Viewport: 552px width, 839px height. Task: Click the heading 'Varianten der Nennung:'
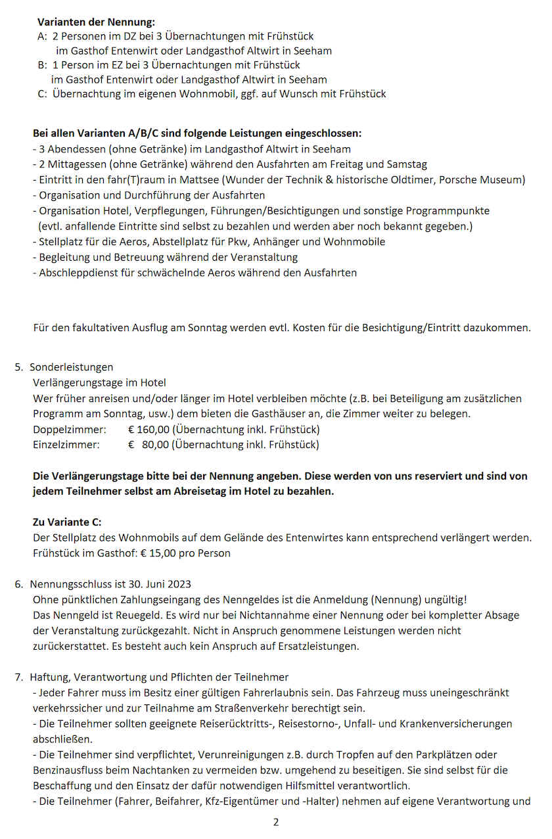pyautogui.click(x=96, y=22)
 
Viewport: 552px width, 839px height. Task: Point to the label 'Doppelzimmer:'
pyautogui.click(x=69, y=430)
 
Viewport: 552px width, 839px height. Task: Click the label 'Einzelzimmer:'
pyautogui.click(x=66, y=445)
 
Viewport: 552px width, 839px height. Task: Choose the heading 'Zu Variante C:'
pyautogui.click(x=67, y=522)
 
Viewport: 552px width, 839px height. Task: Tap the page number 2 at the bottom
pyautogui.click(x=276, y=823)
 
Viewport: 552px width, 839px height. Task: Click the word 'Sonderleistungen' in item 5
pyautogui.click(x=72, y=367)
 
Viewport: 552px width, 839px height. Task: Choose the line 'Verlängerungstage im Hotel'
pyautogui.click(x=99, y=382)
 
